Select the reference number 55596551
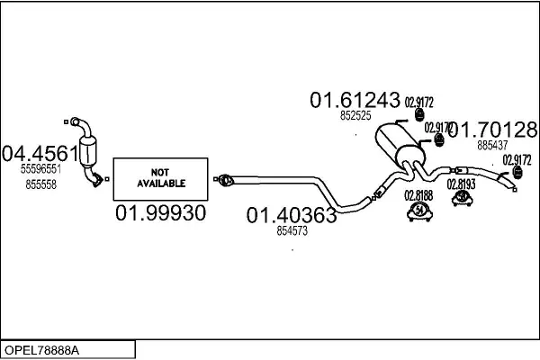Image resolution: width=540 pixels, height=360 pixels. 40,168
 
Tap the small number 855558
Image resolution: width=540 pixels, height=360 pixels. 40,183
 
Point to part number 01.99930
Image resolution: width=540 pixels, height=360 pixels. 161,213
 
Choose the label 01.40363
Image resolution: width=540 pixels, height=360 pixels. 292,215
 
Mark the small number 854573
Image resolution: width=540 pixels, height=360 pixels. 291,231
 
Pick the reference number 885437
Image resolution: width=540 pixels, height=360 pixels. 492,143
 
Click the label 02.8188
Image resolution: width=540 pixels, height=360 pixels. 418,194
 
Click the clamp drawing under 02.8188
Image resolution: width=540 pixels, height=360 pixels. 418,211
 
